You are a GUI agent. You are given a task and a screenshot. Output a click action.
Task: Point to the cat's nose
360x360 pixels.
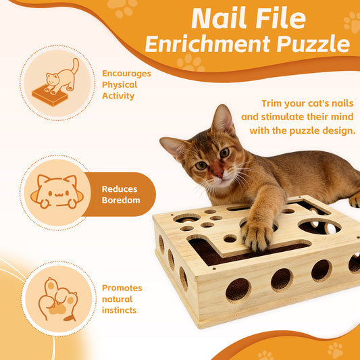pos(217,173)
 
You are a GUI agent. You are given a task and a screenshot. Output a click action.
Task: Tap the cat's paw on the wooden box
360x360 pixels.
pos(257,236)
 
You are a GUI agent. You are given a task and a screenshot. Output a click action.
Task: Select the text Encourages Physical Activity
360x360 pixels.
pos(126,84)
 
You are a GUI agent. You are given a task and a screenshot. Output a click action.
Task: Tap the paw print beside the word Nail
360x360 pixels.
pos(122,9)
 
